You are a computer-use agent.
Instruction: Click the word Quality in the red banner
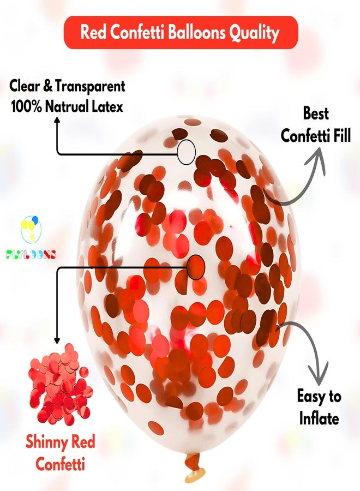point(254,33)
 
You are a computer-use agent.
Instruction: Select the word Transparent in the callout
point(90,87)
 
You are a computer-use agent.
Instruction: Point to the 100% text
point(26,106)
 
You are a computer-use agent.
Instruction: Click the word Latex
point(107,106)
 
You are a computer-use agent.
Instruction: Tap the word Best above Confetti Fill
point(316,113)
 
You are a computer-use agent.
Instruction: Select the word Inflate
point(319,418)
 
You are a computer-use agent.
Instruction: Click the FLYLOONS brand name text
point(31,255)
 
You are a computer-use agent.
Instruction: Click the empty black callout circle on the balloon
point(187,152)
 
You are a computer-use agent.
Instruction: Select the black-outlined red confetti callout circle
point(196,267)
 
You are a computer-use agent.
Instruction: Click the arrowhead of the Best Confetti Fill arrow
point(319,160)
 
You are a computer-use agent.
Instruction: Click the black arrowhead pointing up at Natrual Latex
point(57,121)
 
